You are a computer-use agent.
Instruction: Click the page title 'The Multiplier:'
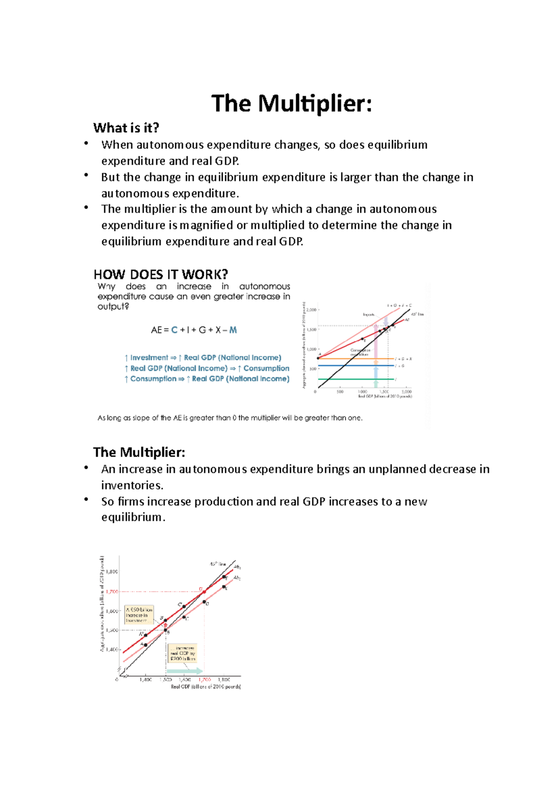[x=292, y=103]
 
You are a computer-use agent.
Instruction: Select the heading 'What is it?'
[x=126, y=127]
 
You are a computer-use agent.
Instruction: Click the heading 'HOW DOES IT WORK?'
[x=160, y=274]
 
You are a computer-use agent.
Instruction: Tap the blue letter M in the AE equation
[x=233, y=330]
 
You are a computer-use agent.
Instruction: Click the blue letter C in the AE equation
[x=174, y=330]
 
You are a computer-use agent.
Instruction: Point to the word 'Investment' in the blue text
[x=149, y=358]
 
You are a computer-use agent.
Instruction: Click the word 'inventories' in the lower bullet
[x=132, y=485]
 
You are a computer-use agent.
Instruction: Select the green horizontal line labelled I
[x=353, y=379]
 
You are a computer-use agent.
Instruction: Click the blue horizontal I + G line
[x=353, y=366]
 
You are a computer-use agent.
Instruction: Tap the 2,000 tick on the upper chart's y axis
[x=312, y=309]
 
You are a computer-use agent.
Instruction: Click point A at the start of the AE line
[x=318, y=358]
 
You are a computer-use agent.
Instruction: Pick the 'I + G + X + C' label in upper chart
[x=399, y=306]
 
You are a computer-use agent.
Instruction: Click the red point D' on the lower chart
[x=204, y=592]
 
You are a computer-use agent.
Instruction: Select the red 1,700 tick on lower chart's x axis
[x=205, y=680]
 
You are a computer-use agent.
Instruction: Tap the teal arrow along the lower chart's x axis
[x=185, y=671]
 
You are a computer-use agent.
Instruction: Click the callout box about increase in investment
[x=139, y=615]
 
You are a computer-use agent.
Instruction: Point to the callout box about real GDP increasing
[x=183, y=653]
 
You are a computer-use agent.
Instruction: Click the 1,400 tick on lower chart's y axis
[x=112, y=649]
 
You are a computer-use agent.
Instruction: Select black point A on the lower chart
[x=146, y=645]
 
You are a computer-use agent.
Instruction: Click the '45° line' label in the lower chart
[x=218, y=564]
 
